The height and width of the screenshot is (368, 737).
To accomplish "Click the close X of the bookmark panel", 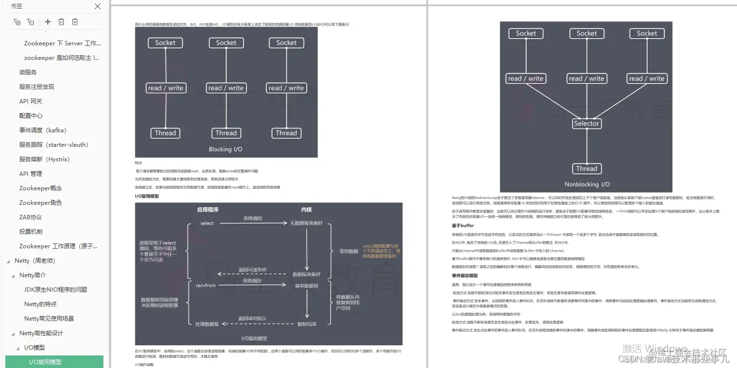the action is pos(98,6).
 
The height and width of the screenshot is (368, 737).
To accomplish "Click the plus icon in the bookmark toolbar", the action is pos(47,22).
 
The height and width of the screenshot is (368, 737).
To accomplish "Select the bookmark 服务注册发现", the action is pos(37,87).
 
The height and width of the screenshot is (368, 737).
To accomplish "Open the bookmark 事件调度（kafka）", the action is pos(43,130).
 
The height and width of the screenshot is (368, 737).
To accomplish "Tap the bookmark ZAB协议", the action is pos(30,217).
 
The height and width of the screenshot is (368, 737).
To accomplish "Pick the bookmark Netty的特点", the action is pos(40,304).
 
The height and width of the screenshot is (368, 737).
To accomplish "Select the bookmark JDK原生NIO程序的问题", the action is pos(56,290).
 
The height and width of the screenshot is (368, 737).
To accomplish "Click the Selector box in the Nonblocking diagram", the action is pos(586,124).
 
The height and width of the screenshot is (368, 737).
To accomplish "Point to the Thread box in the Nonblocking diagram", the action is pos(586,169).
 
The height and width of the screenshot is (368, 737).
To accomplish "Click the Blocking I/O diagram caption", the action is pos(226,149).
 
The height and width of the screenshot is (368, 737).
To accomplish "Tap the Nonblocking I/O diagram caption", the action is pos(587,184).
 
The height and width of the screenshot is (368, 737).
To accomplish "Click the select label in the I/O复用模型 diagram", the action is pos(207,223).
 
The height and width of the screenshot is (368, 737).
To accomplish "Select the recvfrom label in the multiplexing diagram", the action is pos(205,285).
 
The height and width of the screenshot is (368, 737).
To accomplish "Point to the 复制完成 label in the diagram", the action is pos(306,324).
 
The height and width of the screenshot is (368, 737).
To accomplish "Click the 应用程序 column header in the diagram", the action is pos(207,210).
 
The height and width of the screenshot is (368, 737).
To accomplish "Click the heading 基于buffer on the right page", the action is pos(462,226).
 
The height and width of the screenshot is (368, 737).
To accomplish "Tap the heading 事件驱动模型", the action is pos(464,276).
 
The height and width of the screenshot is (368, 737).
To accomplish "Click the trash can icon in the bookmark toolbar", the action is pos(61,22).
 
